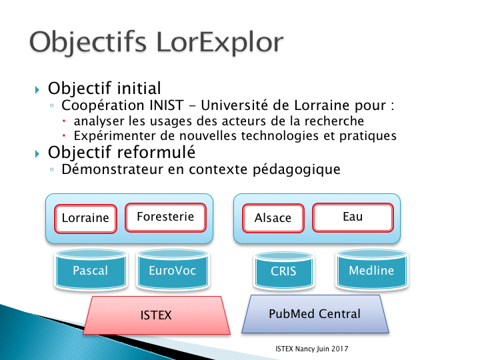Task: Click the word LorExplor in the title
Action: [x=220, y=43]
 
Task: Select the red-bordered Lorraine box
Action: [x=86, y=219]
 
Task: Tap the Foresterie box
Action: [x=165, y=217]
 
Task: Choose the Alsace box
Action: [x=273, y=219]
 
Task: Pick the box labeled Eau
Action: [x=353, y=217]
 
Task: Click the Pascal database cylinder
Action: [x=91, y=269]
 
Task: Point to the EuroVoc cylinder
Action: [x=173, y=269]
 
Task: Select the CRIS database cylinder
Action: [x=284, y=270]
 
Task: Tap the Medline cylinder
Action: [x=372, y=269]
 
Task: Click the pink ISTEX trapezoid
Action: [x=157, y=315]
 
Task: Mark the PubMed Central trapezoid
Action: [x=315, y=314]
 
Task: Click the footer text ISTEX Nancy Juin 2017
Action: [x=311, y=349]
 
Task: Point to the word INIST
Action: [x=167, y=105]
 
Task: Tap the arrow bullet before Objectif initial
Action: [x=37, y=90]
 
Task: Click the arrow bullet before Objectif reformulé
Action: [x=37, y=153]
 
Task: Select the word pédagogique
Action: [x=296, y=170]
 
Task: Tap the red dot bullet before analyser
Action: [x=64, y=121]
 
